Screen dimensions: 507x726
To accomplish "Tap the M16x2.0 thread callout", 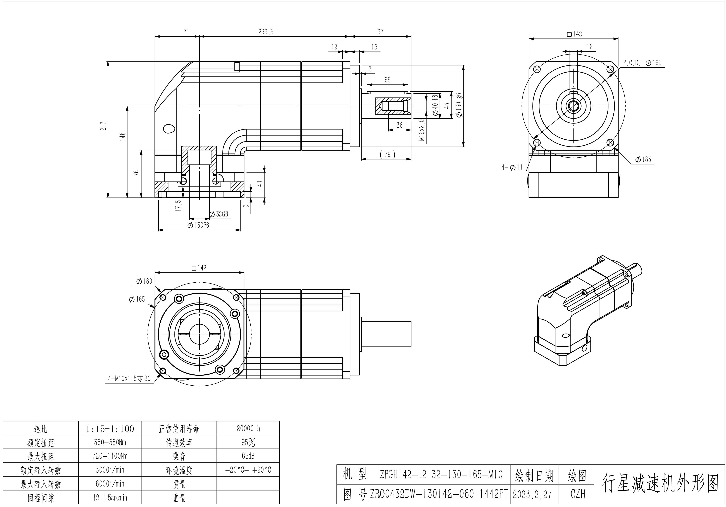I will tap(422, 130).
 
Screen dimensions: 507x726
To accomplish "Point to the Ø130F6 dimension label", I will tap(199, 225).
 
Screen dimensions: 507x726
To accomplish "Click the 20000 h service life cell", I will tap(248, 428).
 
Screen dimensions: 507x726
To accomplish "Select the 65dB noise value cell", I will tap(248, 456).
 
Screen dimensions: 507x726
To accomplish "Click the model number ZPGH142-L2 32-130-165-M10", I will tap(441, 474).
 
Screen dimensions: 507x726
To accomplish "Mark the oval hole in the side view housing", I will tap(169, 128).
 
